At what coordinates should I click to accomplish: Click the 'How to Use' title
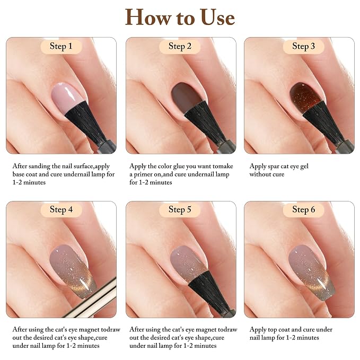click(180, 17)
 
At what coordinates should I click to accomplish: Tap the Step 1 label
click(61, 46)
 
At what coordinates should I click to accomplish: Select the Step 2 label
click(180, 46)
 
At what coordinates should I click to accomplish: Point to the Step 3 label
click(303, 46)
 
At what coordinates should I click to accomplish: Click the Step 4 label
click(61, 209)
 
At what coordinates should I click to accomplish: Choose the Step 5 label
click(180, 209)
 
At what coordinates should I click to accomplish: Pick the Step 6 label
click(303, 209)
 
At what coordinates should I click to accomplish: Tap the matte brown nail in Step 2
click(186, 96)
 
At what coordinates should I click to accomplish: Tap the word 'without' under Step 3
click(258, 174)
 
